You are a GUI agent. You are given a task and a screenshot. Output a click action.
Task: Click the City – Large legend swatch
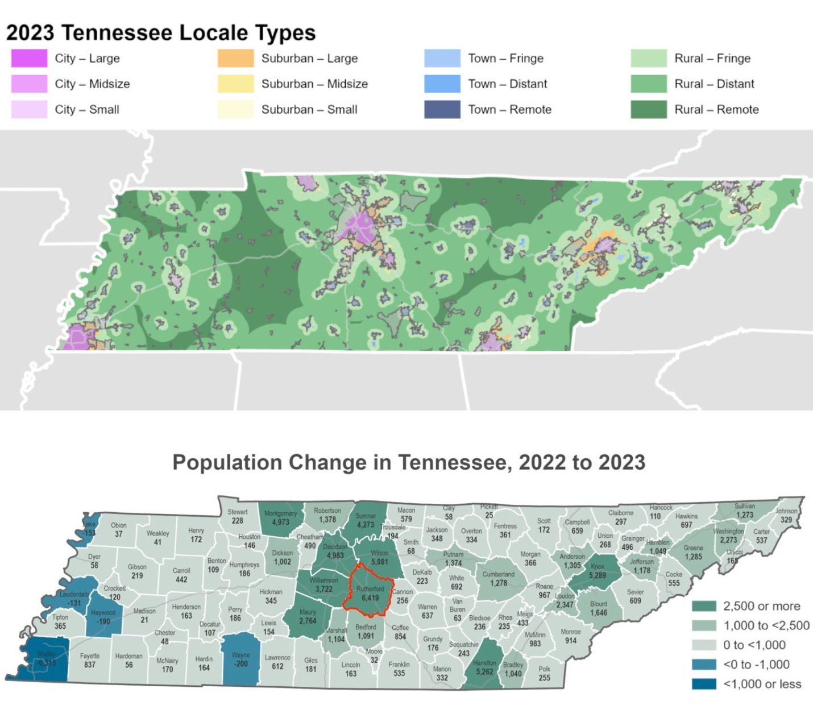coord(29,59)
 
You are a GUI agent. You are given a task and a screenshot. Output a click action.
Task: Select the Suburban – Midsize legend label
coord(314,84)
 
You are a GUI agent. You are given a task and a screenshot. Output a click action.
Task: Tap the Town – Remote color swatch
coord(442,110)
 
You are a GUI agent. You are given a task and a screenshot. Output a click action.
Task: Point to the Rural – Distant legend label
coord(714,84)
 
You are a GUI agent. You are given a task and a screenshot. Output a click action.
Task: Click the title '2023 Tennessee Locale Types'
coord(161,33)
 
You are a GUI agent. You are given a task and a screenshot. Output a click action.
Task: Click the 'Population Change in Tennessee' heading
coord(409,462)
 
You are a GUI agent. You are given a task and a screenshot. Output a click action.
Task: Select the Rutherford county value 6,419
coord(370,598)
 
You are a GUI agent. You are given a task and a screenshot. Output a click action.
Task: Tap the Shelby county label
coord(46,654)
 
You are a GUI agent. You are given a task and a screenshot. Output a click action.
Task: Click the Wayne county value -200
coord(241,663)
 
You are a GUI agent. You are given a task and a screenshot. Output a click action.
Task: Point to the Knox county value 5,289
coord(598,575)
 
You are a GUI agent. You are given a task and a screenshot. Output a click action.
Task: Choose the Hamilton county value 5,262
coord(484,671)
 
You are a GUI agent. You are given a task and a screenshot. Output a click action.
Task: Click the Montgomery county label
coord(280,513)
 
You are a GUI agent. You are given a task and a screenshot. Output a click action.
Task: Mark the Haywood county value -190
coord(103,621)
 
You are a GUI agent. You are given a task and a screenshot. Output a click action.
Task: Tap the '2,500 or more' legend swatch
coord(704,606)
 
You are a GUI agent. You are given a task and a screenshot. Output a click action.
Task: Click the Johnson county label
coord(786,511)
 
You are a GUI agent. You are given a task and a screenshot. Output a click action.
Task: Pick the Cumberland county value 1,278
coord(498,583)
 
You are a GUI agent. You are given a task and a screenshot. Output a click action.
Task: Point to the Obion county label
coord(119,525)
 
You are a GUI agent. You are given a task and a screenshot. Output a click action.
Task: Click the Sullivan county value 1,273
coord(744,515)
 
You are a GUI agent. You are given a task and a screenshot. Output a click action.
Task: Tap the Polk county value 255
coord(544,678)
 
